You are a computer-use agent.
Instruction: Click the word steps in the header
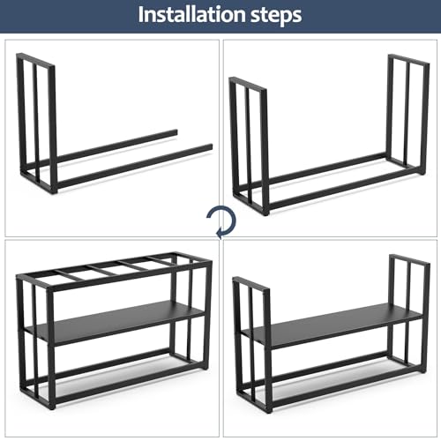click(272, 15)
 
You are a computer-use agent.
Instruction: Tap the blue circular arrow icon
click(216, 220)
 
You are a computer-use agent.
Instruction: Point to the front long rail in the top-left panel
click(132, 167)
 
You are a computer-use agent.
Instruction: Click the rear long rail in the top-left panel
click(115, 146)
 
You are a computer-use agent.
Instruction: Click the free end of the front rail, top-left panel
click(208, 148)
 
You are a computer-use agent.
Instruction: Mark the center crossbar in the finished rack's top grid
click(115, 267)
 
